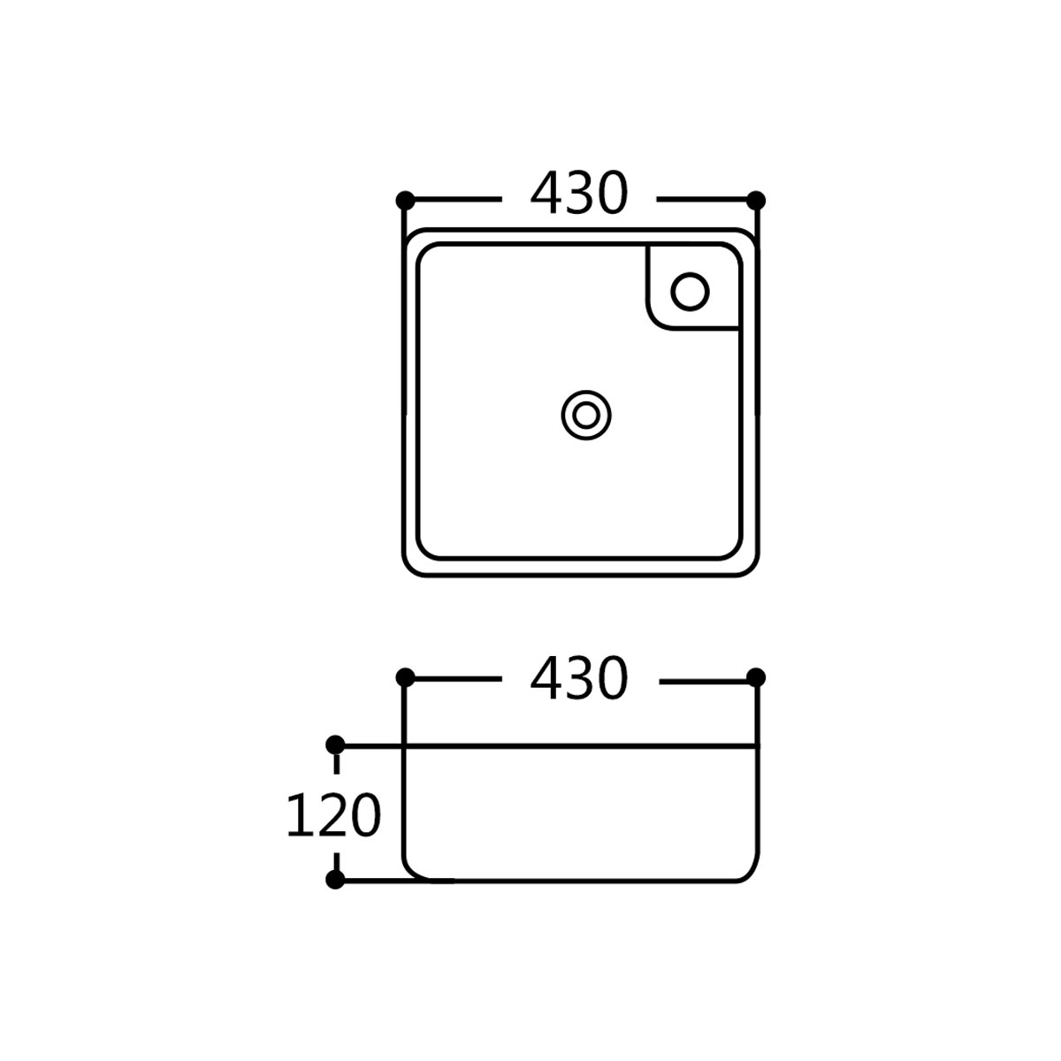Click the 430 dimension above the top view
578,194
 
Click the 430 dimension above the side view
578,678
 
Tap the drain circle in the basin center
586,416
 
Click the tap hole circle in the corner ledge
690,291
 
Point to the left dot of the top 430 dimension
405,201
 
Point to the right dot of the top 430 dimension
756,201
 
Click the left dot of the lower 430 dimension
405,677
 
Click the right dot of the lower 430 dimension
756,677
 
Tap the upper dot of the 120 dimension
335,745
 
